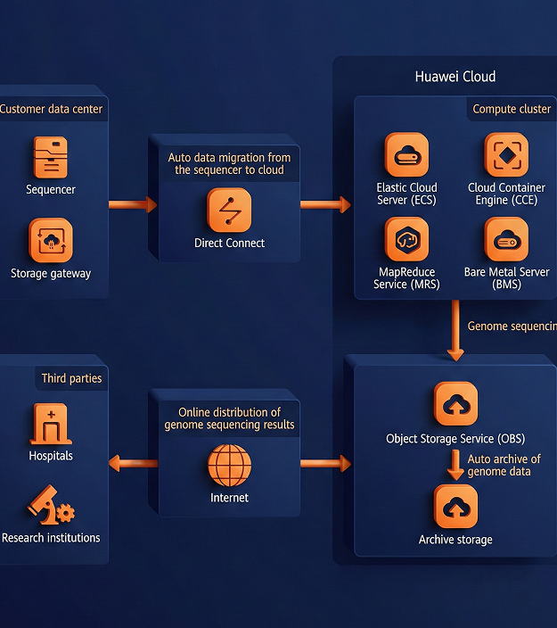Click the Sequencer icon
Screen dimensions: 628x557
[x=51, y=158]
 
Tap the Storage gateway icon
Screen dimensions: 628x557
[x=51, y=241]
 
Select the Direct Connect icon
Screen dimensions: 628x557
[x=229, y=211]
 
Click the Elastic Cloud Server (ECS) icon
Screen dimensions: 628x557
[x=406, y=155]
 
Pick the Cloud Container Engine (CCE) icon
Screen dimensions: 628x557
[x=506, y=155]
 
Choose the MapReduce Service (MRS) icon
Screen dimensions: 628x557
[x=406, y=239]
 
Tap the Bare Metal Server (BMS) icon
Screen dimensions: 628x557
[x=506, y=239]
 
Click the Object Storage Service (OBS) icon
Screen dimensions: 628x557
[x=455, y=404]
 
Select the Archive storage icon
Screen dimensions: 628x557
[x=455, y=508]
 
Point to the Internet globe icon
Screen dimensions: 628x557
[x=229, y=467]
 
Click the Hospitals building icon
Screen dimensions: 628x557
[x=51, y=424]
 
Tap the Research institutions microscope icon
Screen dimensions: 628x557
[x=51, y=506]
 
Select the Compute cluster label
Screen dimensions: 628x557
[x=512, y=109]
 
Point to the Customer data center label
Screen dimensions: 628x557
[x=51, y=109]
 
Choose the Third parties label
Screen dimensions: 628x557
[x=71, y=378]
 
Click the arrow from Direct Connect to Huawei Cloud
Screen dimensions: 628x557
[x=325, y=205]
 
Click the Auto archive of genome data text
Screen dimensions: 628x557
[x=504, y=465]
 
